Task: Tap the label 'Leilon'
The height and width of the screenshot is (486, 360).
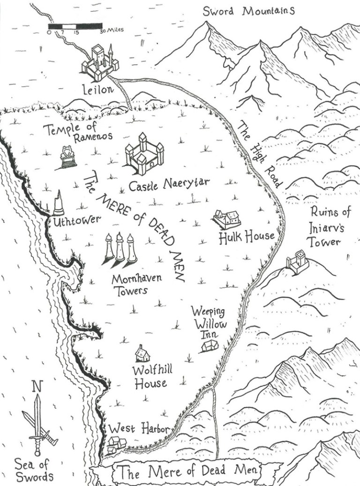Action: click(x=97, y=89)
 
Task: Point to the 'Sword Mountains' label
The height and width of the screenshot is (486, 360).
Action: click(x=248, y=11)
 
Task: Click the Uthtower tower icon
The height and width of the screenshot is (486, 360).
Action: click(x=58, y=204)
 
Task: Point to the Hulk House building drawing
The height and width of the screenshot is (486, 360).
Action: click(x=227, y=219)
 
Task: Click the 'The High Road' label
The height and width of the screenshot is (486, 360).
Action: click(x=257, y=154)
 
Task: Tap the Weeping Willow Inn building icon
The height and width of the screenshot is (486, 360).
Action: click(x=210, y=346)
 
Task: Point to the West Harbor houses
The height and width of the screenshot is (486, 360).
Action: click(x=116, y=444)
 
